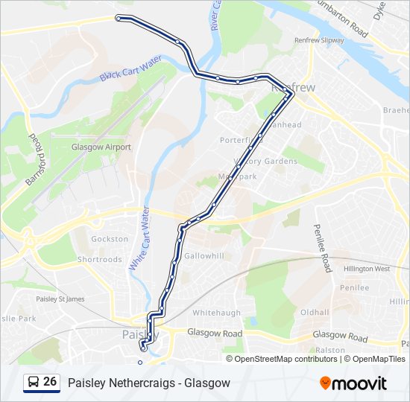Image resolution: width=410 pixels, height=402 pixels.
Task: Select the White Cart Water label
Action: tap(139, 239)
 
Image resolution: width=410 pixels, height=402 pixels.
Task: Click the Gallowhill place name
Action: tap(204, 255)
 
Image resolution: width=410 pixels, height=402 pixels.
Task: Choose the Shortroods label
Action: tap(100, 260)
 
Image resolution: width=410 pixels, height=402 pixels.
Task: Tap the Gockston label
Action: tap(110, 239)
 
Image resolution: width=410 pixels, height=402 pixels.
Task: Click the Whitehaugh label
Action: tap(217, 313)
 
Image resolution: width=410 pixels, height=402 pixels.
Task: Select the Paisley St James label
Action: tap(60, 299)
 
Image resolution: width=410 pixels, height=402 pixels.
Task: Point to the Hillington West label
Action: tap(367, 269)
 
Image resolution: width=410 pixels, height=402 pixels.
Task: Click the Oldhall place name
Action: tap(315, 312)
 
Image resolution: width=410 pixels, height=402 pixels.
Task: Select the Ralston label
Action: tap(329, 350)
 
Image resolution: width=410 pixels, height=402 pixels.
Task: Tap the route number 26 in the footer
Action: tap(50, 382)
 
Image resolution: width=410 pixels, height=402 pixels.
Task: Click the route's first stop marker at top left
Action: tap(118, 17)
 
